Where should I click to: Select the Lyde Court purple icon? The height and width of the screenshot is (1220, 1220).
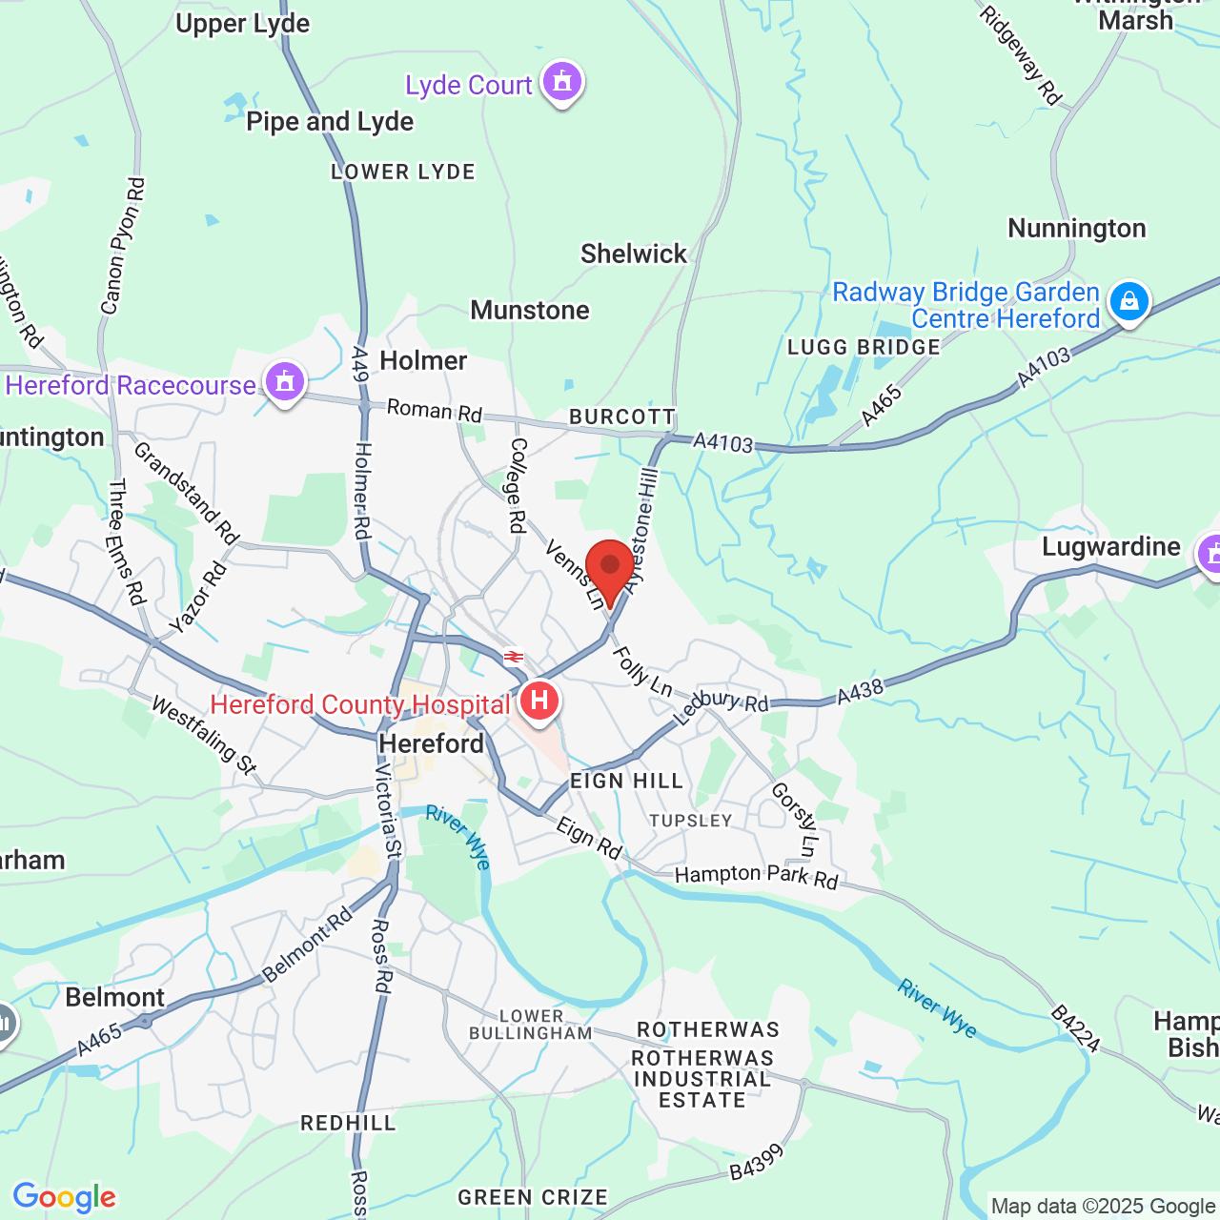[561, 82]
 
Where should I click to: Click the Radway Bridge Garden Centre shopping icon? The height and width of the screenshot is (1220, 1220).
[1129, 301]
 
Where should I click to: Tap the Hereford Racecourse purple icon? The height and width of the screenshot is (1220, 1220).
[284, 383]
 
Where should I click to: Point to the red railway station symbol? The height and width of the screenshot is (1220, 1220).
[514, 657]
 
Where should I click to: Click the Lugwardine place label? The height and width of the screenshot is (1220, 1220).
[1110, 546]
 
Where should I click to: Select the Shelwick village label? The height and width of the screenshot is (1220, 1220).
[634, 254]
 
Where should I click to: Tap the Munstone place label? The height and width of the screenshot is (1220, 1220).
[530, 310]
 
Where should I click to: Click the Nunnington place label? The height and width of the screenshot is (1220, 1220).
[1077, 229]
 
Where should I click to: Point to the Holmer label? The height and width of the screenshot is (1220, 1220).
[423, 360]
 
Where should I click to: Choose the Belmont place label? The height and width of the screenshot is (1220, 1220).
[115, 997]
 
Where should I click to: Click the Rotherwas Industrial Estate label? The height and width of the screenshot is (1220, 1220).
[702, 1079]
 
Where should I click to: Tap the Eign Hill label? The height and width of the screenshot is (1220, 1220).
[626, 782]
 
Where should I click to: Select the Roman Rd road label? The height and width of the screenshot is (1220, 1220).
[435, 411]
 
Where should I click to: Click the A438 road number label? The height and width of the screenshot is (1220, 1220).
[861, 690]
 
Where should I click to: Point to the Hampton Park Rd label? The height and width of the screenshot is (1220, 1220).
[756, 876]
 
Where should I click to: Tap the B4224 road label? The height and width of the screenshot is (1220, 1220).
[1076, 1027]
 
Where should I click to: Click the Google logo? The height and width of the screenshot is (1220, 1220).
[64, 1197]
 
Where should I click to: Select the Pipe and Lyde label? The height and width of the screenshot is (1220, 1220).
[330, 122]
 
